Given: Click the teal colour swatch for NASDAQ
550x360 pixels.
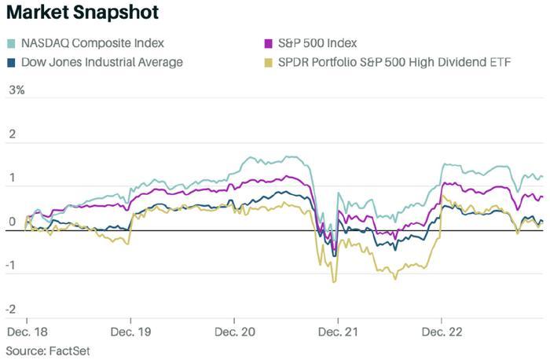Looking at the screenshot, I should tap(10, 43).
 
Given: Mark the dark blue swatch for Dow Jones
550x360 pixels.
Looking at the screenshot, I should tap(10, 61).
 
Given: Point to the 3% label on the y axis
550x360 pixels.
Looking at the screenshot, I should tap(16, 90).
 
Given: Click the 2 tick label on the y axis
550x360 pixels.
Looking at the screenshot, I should tap(11, 135).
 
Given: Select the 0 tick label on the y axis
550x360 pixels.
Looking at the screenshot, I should tap(11, 222).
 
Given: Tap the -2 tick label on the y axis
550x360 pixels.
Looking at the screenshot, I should tap(11, 309).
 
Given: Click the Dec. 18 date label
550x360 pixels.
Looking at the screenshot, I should tap(27, 332).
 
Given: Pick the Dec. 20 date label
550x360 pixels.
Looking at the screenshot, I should tap(234, 332).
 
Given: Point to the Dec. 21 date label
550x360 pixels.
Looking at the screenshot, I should tap(337, 332).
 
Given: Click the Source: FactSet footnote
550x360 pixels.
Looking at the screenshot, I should tap(47, 350).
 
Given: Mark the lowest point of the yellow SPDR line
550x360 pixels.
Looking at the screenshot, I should tap(335, 282).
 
